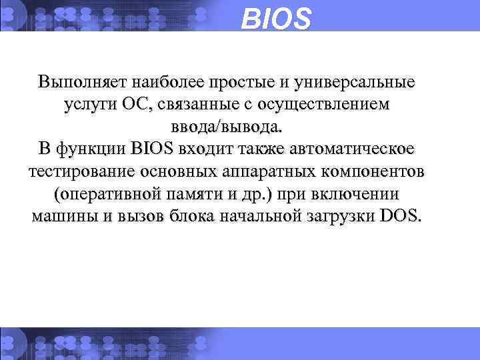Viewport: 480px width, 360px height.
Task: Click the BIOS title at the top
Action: [x=275, y=19]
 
